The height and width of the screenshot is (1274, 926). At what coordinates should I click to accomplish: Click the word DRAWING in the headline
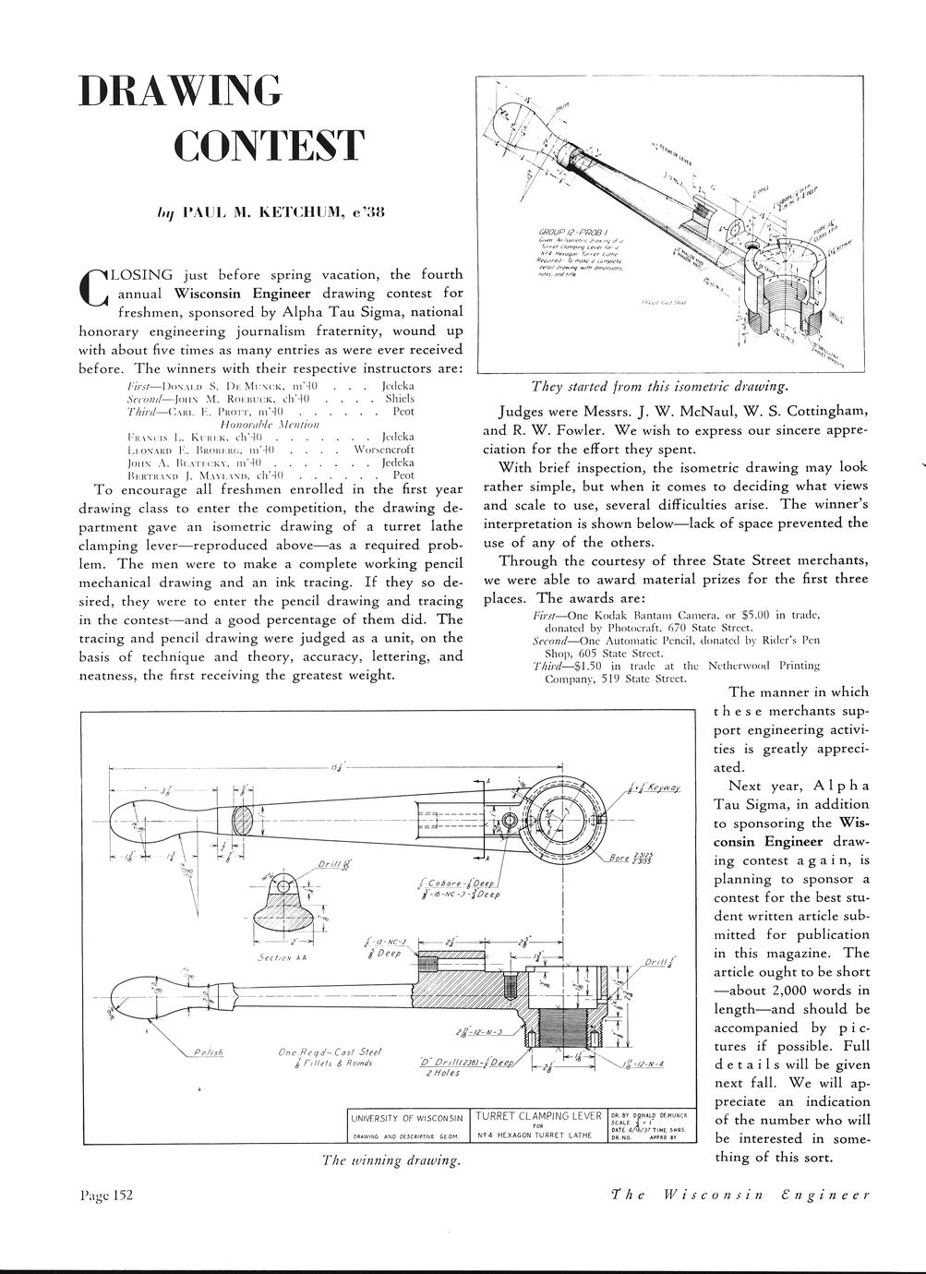179,90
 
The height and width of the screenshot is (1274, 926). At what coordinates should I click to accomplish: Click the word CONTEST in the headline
270,146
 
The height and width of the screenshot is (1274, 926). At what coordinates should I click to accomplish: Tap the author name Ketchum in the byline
298,211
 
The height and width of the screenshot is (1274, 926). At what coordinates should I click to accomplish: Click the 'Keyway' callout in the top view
664,787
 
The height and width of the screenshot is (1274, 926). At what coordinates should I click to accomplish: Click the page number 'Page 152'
107,1196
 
